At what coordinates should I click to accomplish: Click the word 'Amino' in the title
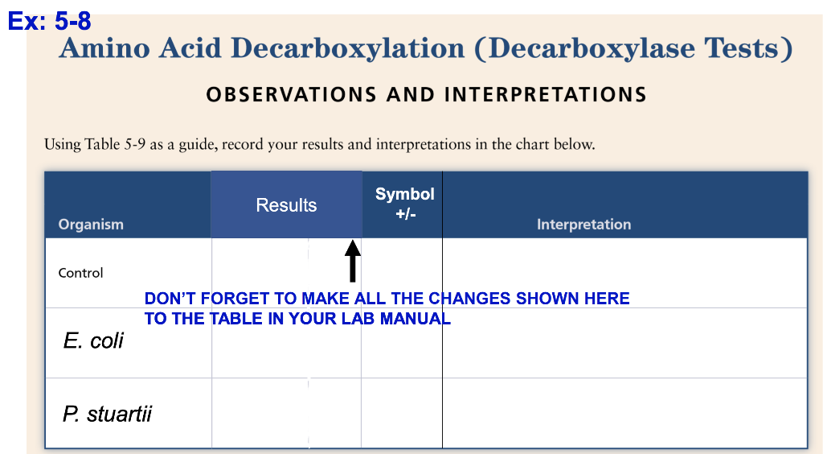pyautogui.click(x=103, y=49)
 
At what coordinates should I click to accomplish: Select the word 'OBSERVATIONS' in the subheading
pyautogui.click(x=292, y=95)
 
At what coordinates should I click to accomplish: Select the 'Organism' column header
pyautogui.click(x=91, y=225)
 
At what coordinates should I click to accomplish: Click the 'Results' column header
pyautogui.click(x=286, y=205)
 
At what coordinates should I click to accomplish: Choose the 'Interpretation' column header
pyautogui.click(x=583, y=225)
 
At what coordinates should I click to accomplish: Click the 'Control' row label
pyautogui.click(x=80, y=273)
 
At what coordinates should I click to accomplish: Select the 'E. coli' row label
pyautogui.click(x=93, y=340)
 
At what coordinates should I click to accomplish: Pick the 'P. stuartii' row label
pyautogui.click(x=107, y=415)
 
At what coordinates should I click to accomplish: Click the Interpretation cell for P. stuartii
pyautogui.click(x=624, y=413)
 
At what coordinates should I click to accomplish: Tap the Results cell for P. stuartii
pyautogui.click(x=286, y=413)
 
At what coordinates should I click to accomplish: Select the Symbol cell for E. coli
pyautogui.click(x=401, y=346)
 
